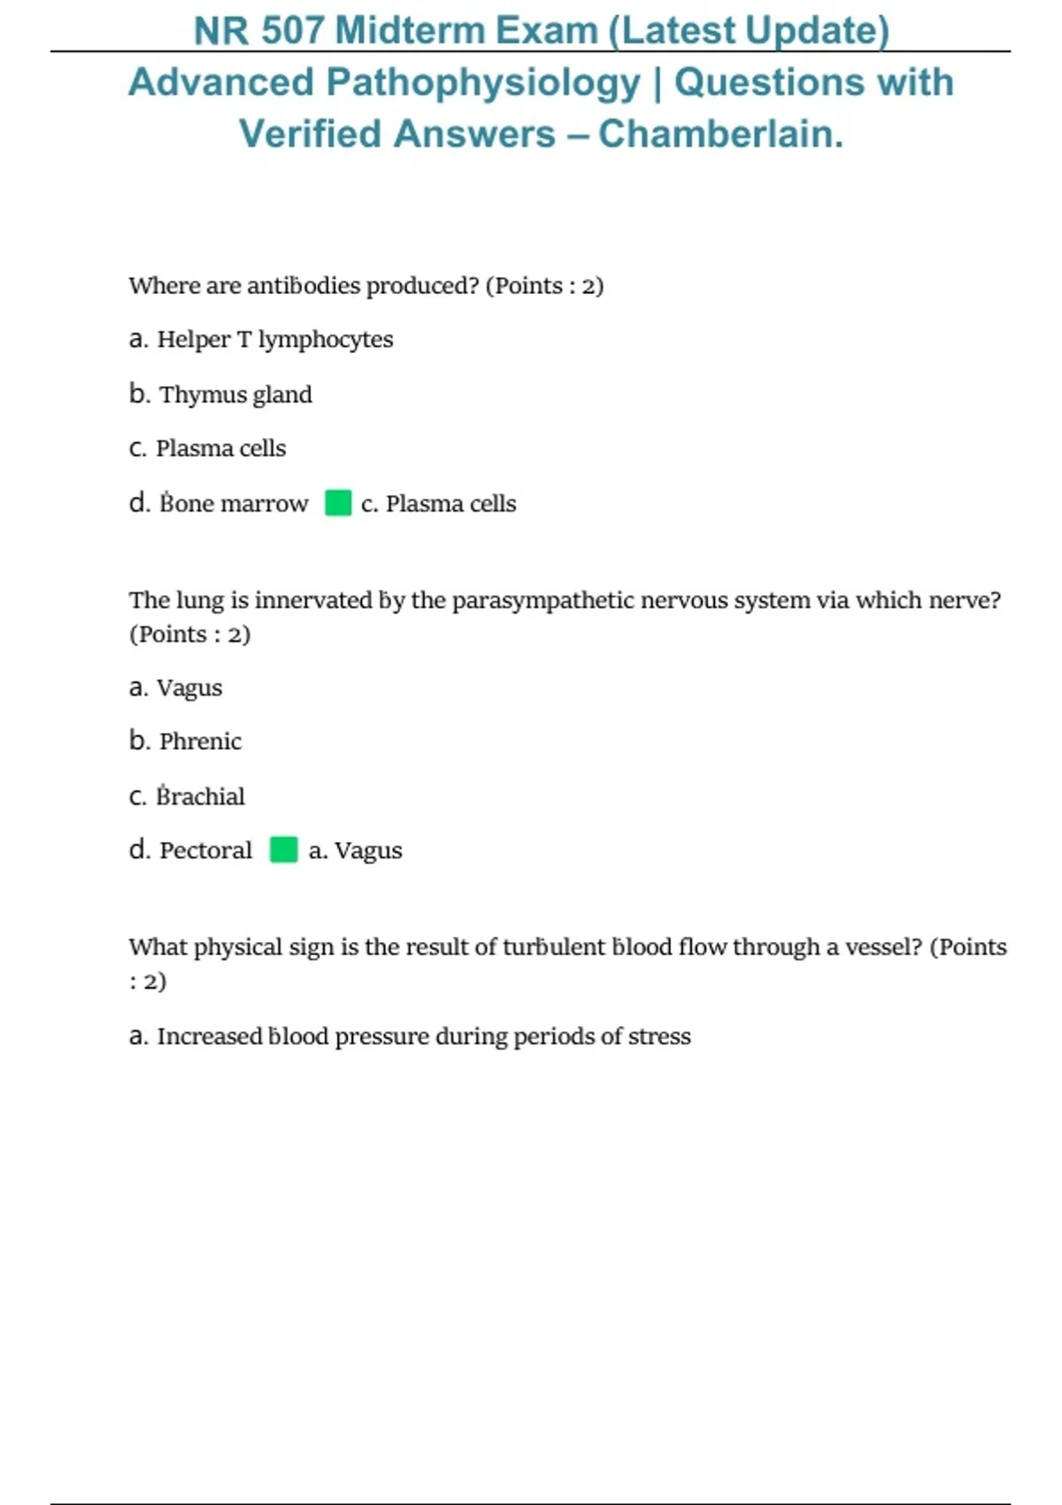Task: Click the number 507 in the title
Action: click(x=293, y=31)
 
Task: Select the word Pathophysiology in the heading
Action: click(x=483, y=83)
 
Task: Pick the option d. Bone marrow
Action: click(x=219, y=504)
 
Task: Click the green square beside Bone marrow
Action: click(x=338, y=503)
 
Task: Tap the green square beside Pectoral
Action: click(x=283, y=850)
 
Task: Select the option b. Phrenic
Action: click(x=185, y=741)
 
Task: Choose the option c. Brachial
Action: click(x=187, y=797)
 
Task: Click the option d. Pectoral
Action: click(x=190, y=851)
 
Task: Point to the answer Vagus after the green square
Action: click(x=355, y=851)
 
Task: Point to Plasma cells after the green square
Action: click(x=439, y=504)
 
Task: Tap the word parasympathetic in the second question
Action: click(x=543, y=601)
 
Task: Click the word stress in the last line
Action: click(x=659, y=1037)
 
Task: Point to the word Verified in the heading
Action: click(x=309, y=135)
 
